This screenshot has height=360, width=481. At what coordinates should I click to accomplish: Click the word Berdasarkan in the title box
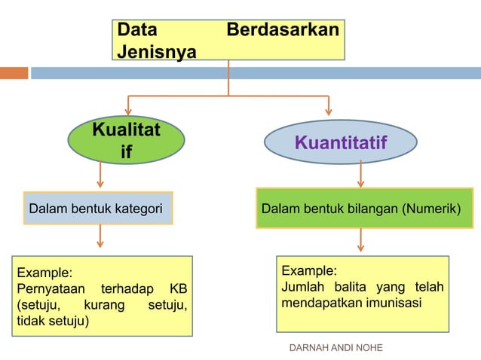point(283,32)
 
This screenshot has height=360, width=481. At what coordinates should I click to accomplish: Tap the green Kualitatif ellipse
point(126,141)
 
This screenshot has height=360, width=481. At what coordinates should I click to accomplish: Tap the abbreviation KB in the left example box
point(178,289)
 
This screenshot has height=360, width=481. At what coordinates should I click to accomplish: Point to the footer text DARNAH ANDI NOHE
point(336,348)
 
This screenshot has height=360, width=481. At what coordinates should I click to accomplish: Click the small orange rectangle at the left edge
point(14,73)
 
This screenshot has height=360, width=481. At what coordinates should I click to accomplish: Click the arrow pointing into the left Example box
point(100,239)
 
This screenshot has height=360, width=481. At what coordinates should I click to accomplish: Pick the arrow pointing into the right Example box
point(360,240)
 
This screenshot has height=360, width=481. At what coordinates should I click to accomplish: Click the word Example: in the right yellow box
point(309,271)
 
